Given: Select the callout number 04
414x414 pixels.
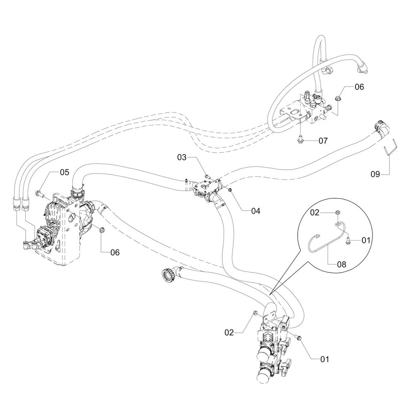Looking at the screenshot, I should [x=255, y=211].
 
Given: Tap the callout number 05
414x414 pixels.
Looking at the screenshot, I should [x=65, y=172].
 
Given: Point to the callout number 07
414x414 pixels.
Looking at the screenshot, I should [x=323, y=141].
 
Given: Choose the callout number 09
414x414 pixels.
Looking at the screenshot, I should [x=375, y=174].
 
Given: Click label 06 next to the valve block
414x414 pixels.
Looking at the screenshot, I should [x=359, y=87].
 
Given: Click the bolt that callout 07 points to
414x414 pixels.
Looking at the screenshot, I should [x=300, y=141].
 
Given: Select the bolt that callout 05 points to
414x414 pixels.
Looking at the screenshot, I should [x=39, y=192].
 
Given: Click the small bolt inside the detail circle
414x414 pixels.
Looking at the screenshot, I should [x=347, y=239].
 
